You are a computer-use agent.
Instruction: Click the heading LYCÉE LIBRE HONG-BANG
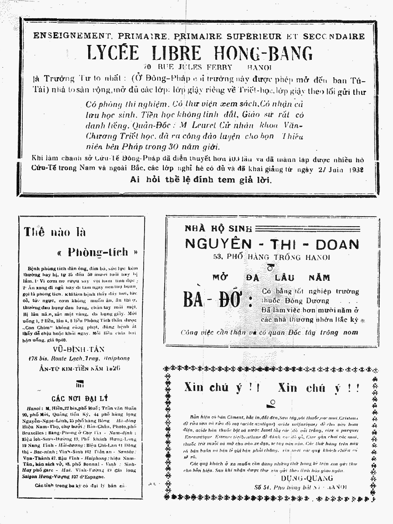pos(200,53)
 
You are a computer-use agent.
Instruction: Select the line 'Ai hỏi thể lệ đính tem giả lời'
pos(200,180)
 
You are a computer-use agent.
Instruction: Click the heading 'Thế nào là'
pos(55,231)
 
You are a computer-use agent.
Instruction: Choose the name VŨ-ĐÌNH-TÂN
pos(81,348)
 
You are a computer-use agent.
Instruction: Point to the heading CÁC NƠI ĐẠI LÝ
pos(79,398)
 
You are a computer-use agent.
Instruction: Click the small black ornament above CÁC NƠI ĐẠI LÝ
pos(79,384)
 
